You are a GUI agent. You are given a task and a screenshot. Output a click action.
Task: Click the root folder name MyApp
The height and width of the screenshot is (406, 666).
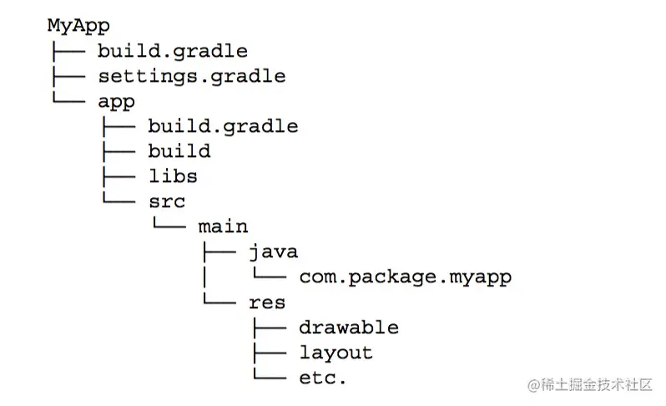pos(78,26)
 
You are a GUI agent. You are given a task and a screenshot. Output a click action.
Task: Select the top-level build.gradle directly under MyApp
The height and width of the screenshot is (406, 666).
pos(172,51)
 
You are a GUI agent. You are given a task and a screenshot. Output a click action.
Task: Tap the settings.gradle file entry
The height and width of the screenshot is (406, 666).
pos(191,76)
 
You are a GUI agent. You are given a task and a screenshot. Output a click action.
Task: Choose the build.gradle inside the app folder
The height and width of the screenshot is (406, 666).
pos(223,126)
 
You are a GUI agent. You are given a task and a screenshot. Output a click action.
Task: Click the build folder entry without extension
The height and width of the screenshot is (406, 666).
pos(179,151)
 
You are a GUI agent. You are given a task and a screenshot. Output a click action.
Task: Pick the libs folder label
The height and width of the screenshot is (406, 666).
pos(173,176)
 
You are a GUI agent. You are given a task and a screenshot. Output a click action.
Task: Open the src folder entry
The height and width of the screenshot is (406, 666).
pos(166,201)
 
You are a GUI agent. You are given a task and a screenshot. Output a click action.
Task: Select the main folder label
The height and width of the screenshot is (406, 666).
pos(223,226)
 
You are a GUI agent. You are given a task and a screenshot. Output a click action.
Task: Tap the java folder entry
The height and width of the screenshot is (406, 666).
pos(273,251)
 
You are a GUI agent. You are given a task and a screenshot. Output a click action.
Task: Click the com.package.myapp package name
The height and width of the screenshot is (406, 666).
pos(404,277)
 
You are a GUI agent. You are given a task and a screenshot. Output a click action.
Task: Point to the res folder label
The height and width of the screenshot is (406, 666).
pos(267,302)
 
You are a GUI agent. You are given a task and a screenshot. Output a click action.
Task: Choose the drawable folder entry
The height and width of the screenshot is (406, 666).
pos(348,327)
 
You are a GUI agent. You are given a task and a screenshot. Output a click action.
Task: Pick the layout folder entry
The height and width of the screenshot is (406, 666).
pos(336,352)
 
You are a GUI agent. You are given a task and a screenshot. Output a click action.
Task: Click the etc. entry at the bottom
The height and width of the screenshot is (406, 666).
pos(322,377)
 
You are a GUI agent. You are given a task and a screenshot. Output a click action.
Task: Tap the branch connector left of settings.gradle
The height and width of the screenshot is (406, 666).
pos(67,76)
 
